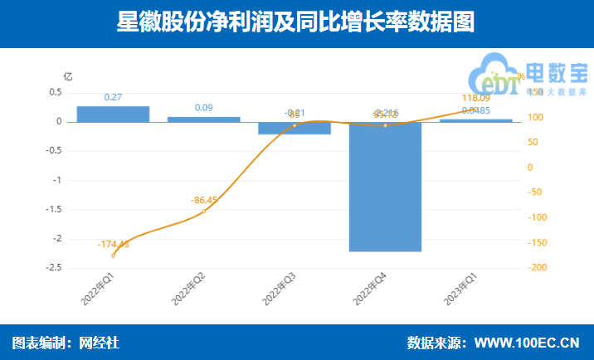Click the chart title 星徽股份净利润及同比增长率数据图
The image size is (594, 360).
296,22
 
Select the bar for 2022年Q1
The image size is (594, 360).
113,114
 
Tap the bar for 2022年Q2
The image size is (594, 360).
204,119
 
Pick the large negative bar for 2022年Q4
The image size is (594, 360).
385,187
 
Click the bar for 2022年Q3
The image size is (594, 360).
295,128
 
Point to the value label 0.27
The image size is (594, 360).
113,98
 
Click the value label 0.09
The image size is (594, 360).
204,108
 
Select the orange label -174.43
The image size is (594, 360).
113,244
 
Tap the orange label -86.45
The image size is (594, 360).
204,200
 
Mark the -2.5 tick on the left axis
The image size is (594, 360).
53,268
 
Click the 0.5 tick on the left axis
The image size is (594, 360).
56,92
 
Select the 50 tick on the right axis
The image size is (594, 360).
534,142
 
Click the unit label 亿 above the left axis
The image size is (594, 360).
68,75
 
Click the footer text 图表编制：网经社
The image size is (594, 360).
66,343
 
